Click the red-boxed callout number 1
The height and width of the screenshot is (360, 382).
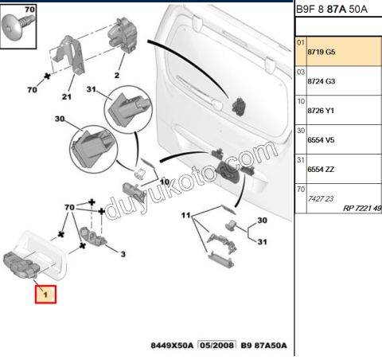point(45,295)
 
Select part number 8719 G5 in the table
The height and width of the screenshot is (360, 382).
point(322,52)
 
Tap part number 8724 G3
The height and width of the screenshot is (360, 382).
point(322,81)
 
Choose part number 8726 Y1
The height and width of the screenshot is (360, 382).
point(321,111)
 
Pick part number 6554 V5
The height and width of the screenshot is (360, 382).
point(321,140)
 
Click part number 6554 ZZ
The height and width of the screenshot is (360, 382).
point(321,170)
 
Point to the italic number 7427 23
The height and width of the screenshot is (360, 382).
point(321,199)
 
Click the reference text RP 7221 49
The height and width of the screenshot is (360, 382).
point(362,209)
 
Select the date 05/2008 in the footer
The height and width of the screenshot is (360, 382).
point(217,345)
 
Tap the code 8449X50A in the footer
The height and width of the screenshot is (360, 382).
point(172,346)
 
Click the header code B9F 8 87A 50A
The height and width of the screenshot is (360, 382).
point(332,10)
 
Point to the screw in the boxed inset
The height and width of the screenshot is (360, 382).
point(18,26)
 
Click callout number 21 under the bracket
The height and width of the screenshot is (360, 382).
point(67,96)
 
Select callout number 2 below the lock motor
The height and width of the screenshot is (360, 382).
point(117,76)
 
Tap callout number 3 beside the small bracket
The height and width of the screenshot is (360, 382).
point(123,254)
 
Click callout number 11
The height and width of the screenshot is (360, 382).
point(186,215)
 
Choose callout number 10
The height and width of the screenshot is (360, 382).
point(165,182)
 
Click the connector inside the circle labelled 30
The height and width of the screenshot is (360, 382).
point(93,147)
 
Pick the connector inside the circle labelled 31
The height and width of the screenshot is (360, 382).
point(129,108)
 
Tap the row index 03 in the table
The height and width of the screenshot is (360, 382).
point(301,72)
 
